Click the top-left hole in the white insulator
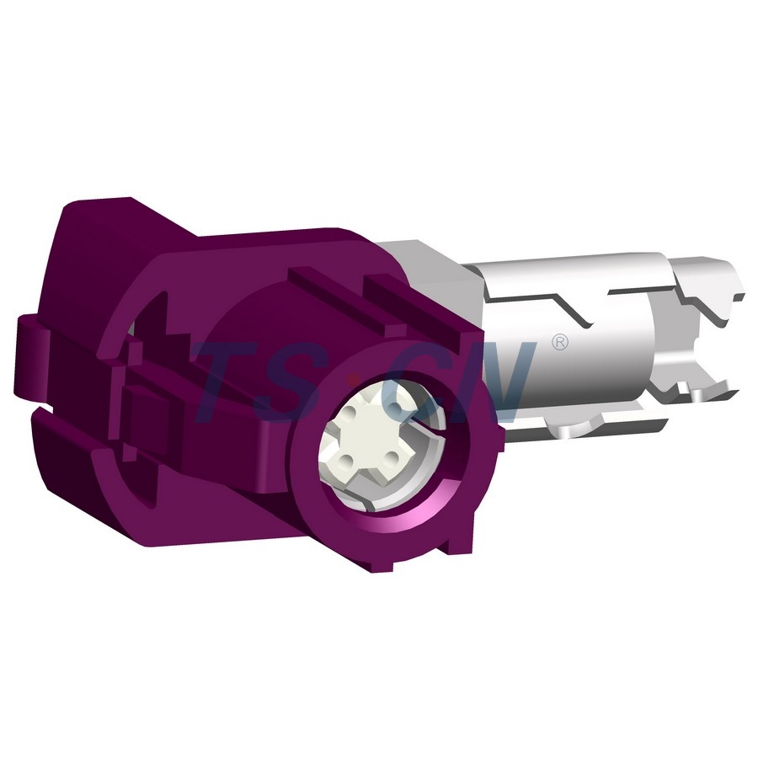(350, 417)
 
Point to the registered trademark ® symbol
(558, 341)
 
